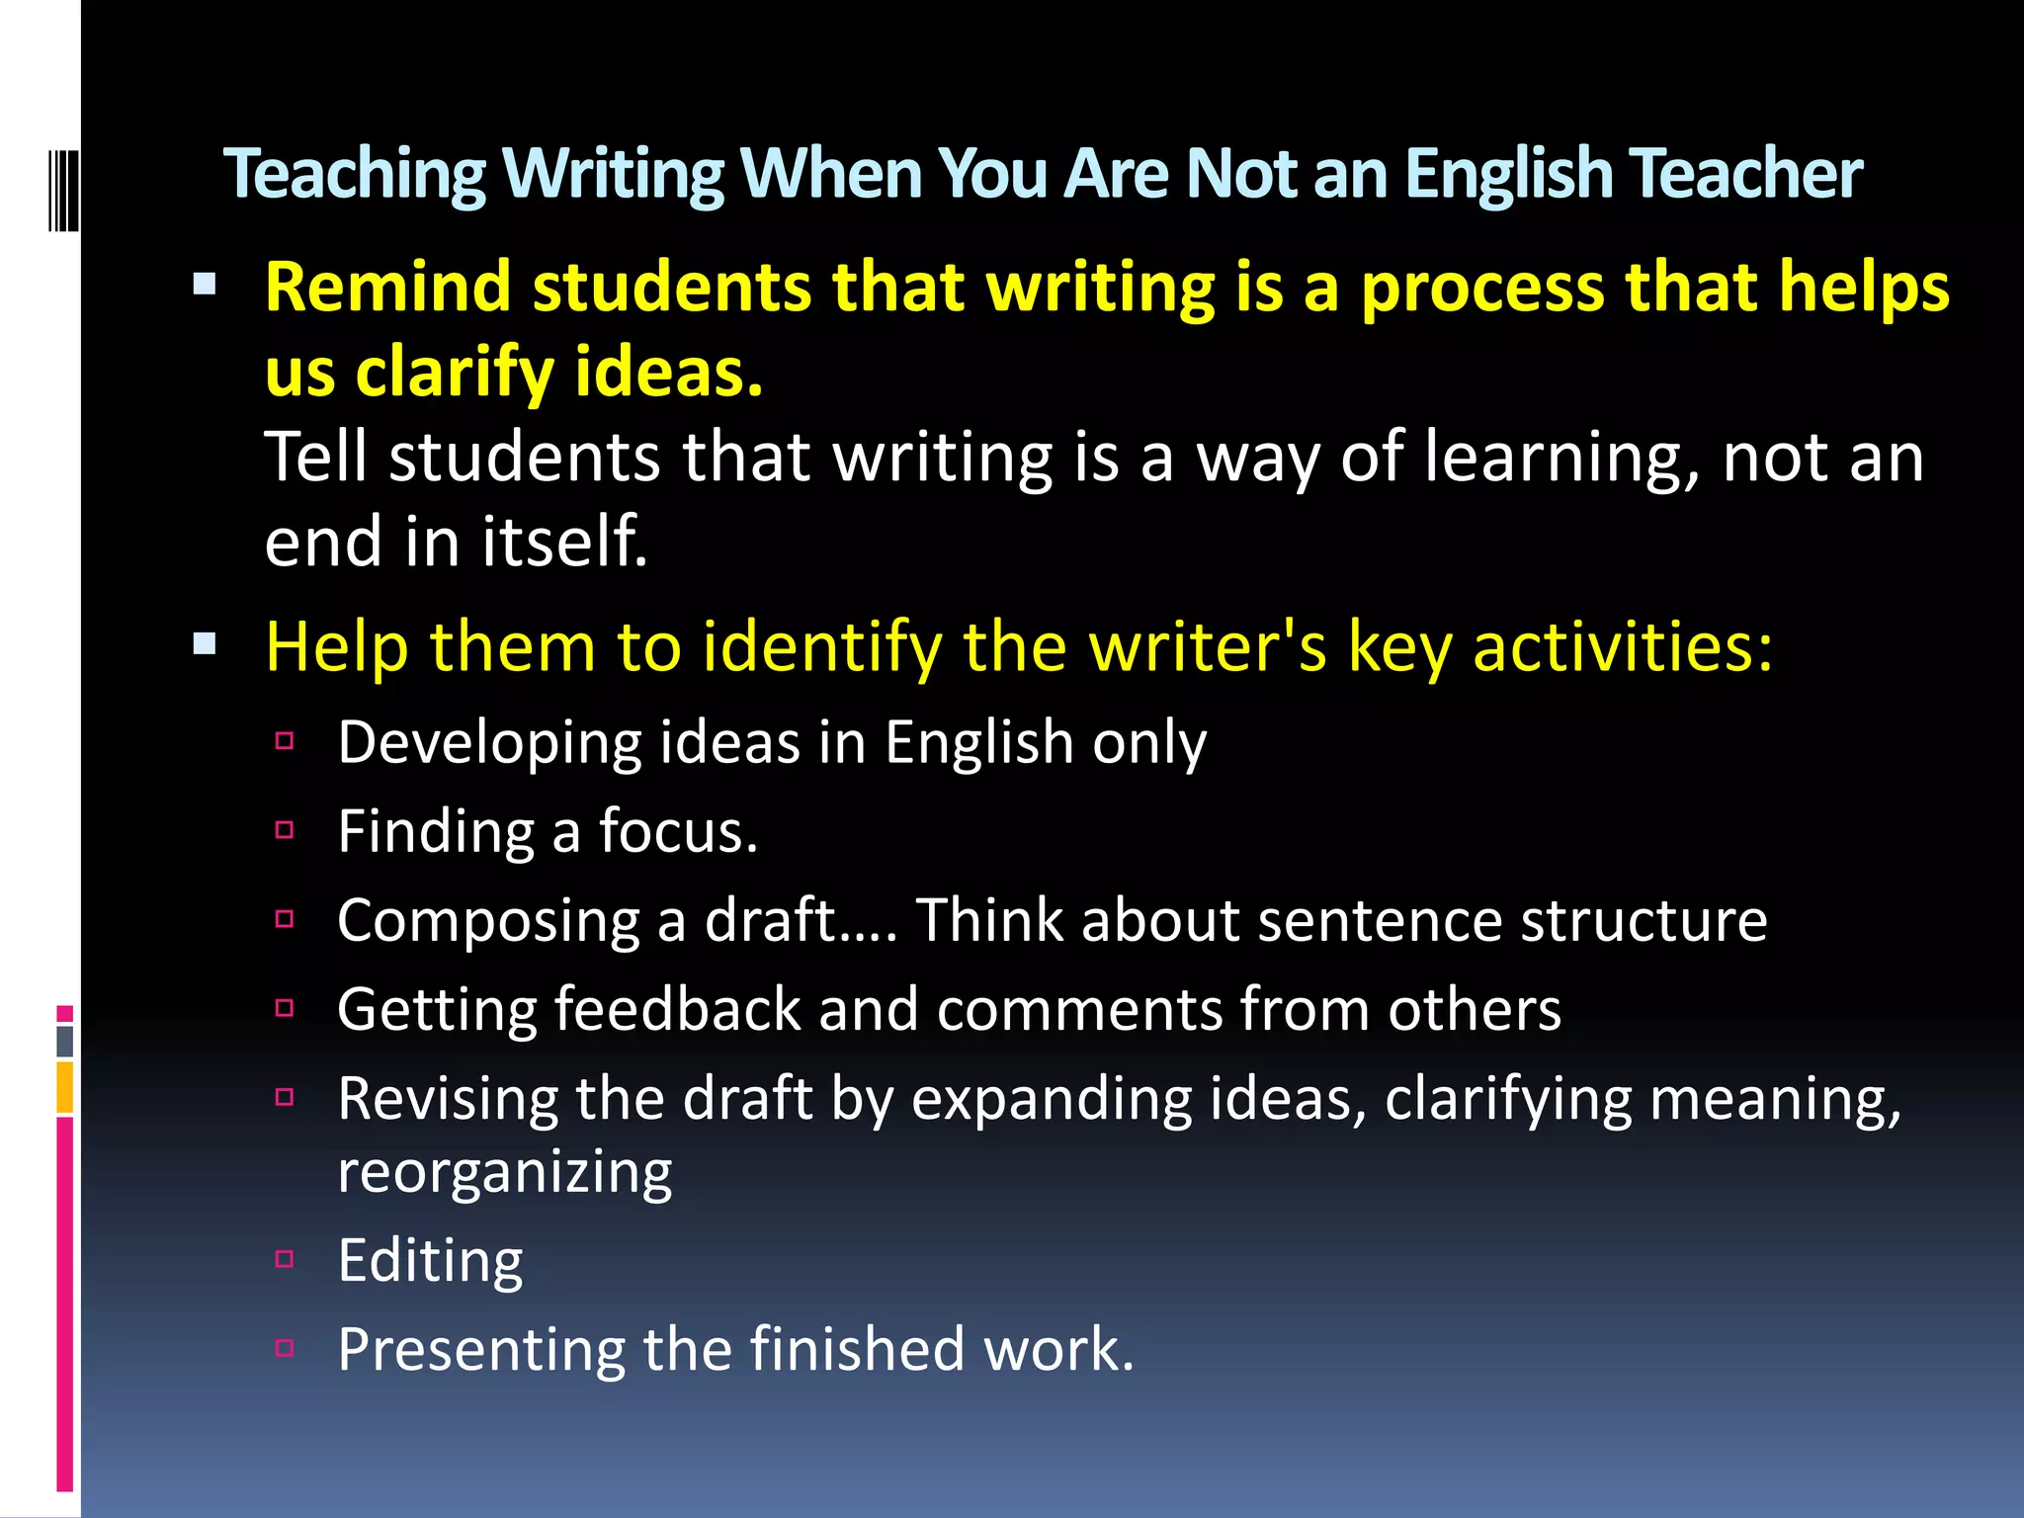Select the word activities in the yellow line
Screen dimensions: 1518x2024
[1622, 647]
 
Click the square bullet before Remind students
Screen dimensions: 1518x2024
[205, 286]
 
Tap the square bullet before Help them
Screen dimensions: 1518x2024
[205, 645]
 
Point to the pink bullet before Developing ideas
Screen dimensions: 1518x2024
[285, 741]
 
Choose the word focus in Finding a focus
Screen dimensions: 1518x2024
[678, 831]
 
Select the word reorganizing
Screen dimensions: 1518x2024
[504, 1173]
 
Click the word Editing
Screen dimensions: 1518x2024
[430, 1261]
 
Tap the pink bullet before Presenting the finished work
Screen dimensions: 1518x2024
[285, 1348]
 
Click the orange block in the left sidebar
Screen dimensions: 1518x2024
[64, 1087]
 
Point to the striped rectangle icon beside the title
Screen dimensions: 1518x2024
[62, 190]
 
